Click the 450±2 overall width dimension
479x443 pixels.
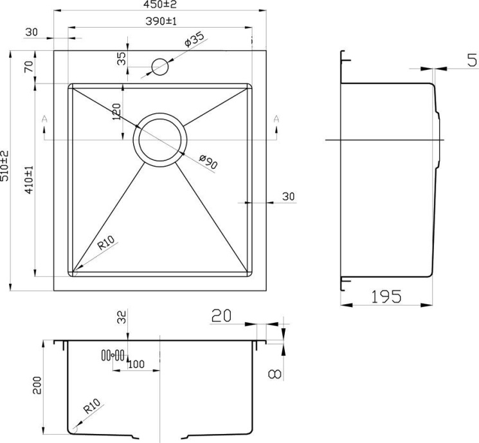tap(159, 4)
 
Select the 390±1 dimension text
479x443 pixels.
tap(161, 21)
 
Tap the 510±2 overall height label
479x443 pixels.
tap(5, 166)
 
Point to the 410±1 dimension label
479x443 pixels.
tap(29, 179)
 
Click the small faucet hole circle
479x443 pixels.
tap(159, 67)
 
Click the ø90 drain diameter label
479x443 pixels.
tap(208, 161)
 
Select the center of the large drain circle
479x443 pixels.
tap(159, 140)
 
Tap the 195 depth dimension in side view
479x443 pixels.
tap(386, 296)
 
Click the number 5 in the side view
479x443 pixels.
tap(473, 60)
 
